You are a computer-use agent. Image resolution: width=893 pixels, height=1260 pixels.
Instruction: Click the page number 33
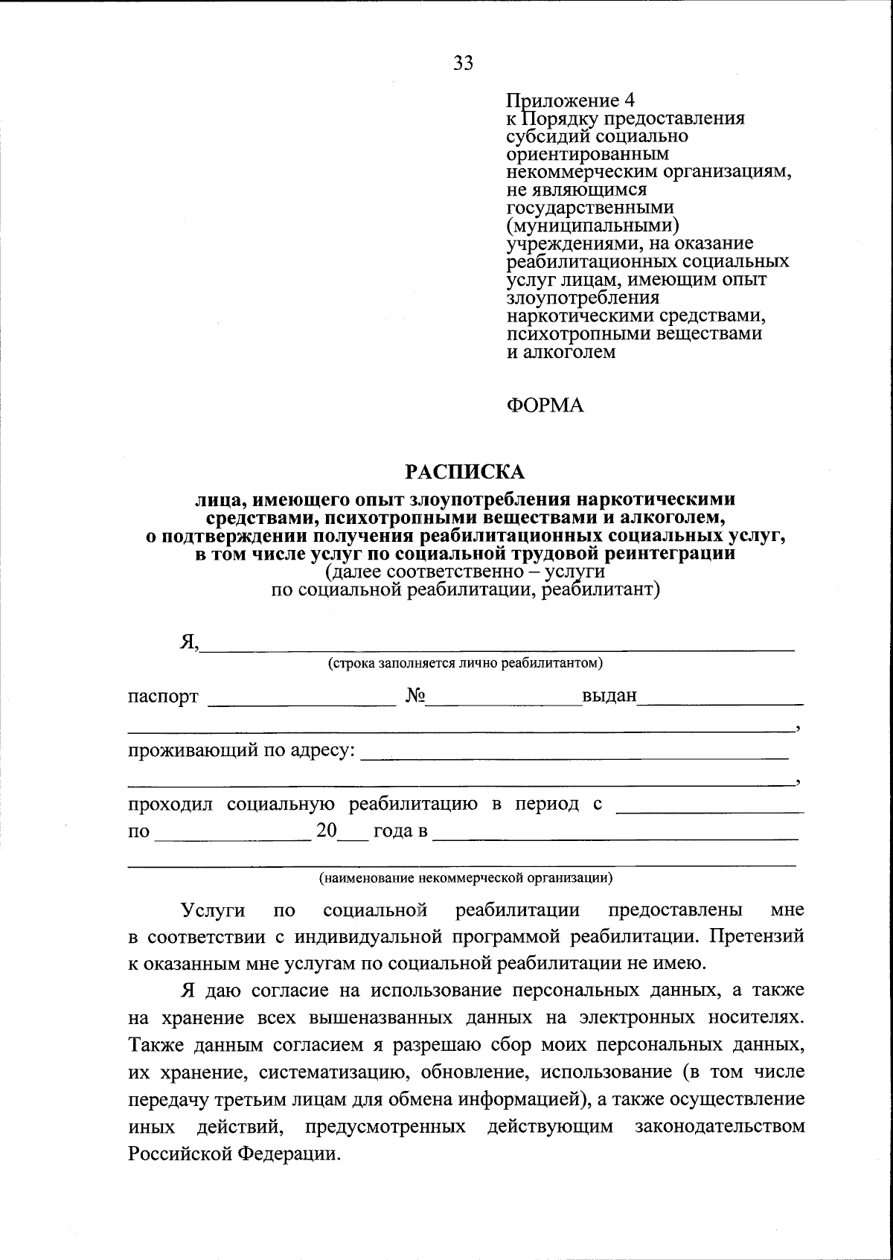pos(463,64)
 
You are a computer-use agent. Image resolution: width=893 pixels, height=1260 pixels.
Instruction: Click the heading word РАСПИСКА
pos(464,472)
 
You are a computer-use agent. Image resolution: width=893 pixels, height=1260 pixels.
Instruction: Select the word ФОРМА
pos(545,405)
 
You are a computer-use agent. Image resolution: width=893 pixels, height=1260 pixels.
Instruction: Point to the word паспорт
pos(163,697)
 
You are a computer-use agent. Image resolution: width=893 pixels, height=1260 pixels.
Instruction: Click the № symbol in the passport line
pos(415,696)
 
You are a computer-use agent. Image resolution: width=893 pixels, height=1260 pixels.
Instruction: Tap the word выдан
pos(609,696)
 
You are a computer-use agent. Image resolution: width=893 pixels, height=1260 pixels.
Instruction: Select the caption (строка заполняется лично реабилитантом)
pos(466,662)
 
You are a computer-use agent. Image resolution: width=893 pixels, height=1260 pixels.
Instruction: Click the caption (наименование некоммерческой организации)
pos(466,878)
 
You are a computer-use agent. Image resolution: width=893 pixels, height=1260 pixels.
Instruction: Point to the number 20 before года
pos(327,831)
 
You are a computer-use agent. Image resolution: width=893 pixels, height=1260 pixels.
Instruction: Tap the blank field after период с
pos(710,807)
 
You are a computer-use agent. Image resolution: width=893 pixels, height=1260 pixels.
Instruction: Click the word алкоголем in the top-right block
pos(572,352)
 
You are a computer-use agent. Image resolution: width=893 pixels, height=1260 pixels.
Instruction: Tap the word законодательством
pos(720,1127)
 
